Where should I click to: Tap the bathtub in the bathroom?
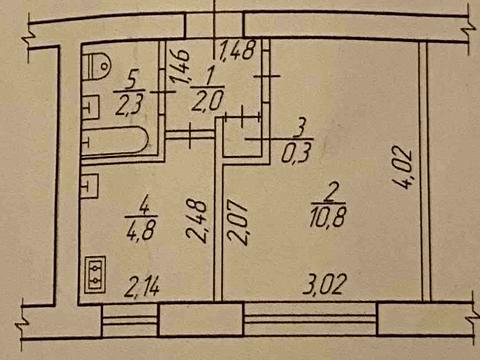coord(118,146)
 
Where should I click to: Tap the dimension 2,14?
coord(144,291)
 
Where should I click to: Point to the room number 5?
coord(131,78)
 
